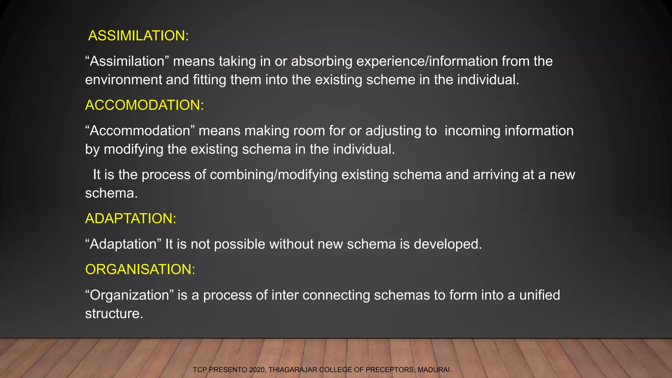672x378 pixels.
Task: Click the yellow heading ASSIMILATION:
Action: pos(138,36)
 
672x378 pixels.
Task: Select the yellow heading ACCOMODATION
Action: pos(142,105)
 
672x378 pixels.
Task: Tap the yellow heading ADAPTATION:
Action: pos(131,219)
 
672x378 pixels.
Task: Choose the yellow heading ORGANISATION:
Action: pos(140,269)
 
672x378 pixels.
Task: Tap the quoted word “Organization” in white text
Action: pos(129,295)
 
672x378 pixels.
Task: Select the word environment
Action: pos(123,80)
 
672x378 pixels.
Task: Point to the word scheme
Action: pos(390,80)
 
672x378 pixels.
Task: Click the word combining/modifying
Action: pos(273,175)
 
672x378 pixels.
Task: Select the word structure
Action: pos(114,314)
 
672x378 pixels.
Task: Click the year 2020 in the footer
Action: pos(257,370)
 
